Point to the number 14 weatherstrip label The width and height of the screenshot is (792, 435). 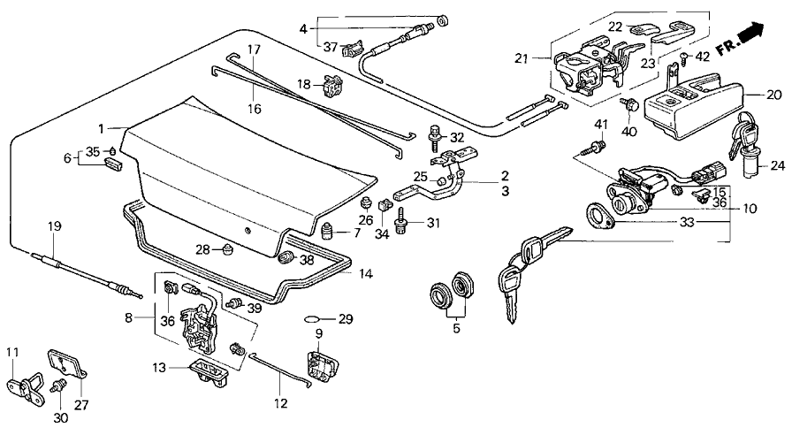(x=366, y=275)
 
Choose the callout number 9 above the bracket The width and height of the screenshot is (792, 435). (x=318, y=334)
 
